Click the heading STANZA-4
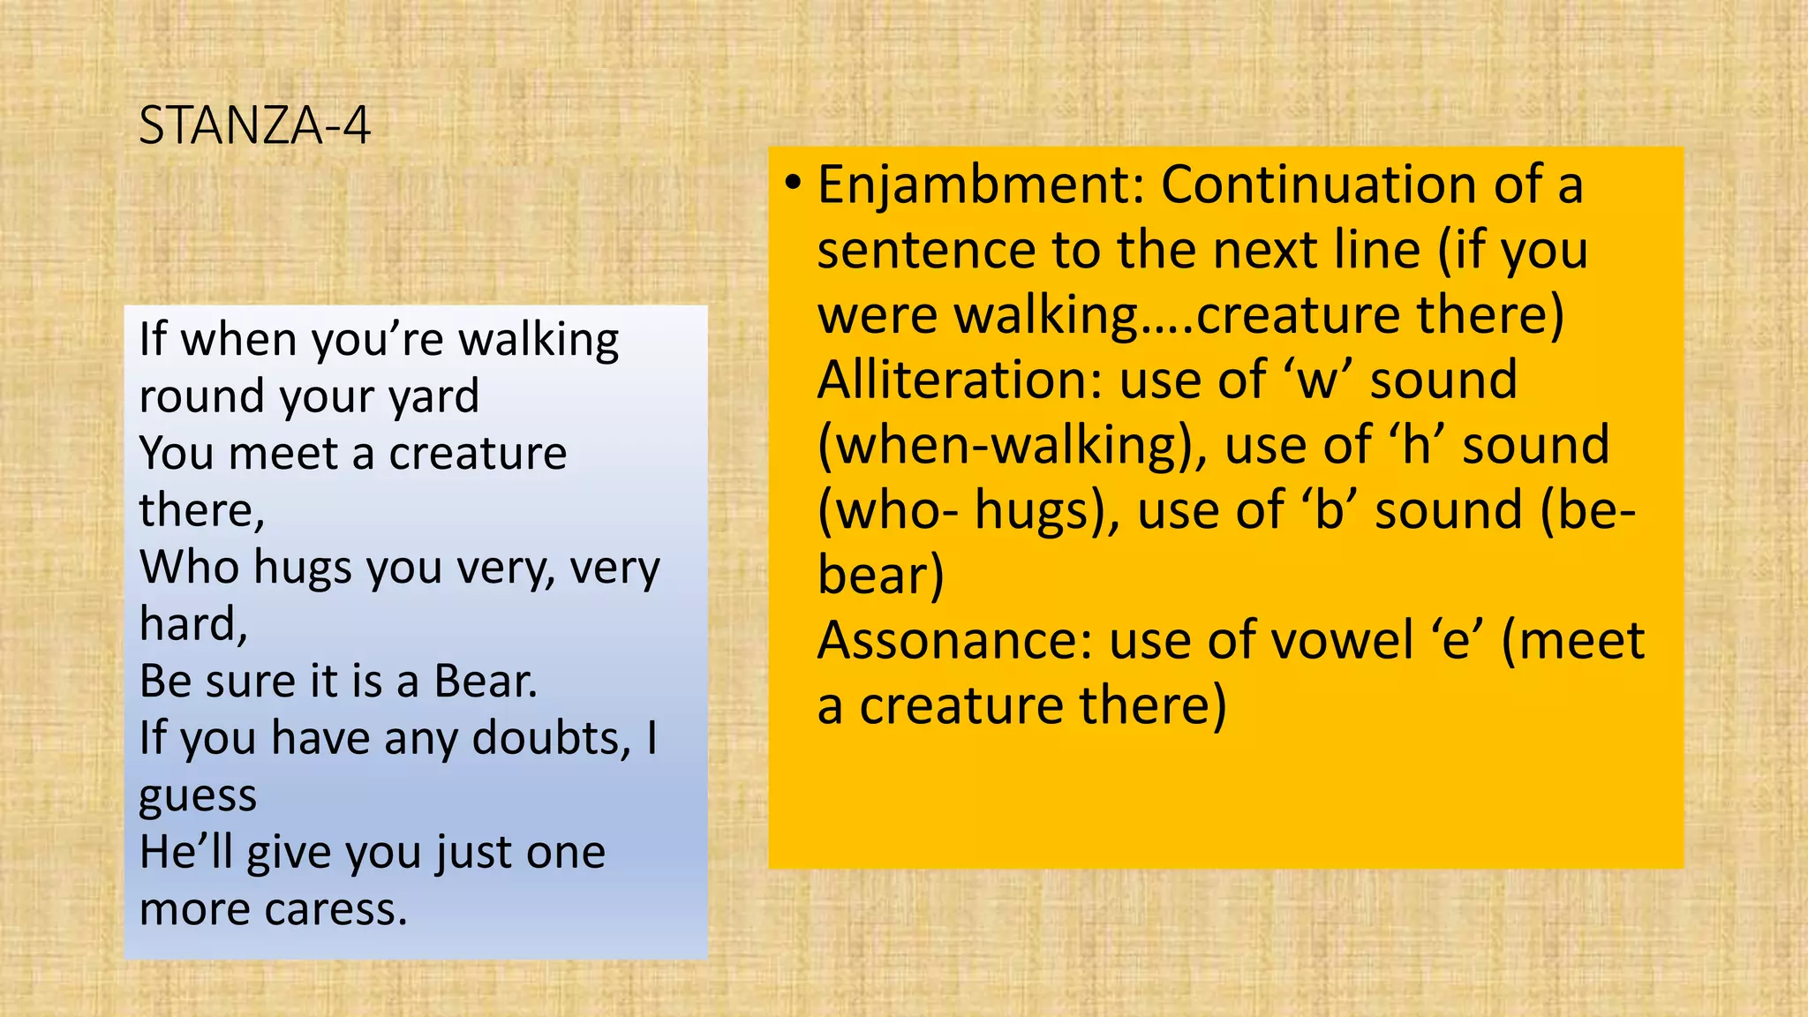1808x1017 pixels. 254,125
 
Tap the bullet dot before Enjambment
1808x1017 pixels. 793,184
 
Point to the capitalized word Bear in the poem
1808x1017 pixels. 485,682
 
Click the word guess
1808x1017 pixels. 198,796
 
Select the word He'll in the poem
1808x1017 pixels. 185,853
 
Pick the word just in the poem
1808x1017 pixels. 473,854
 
